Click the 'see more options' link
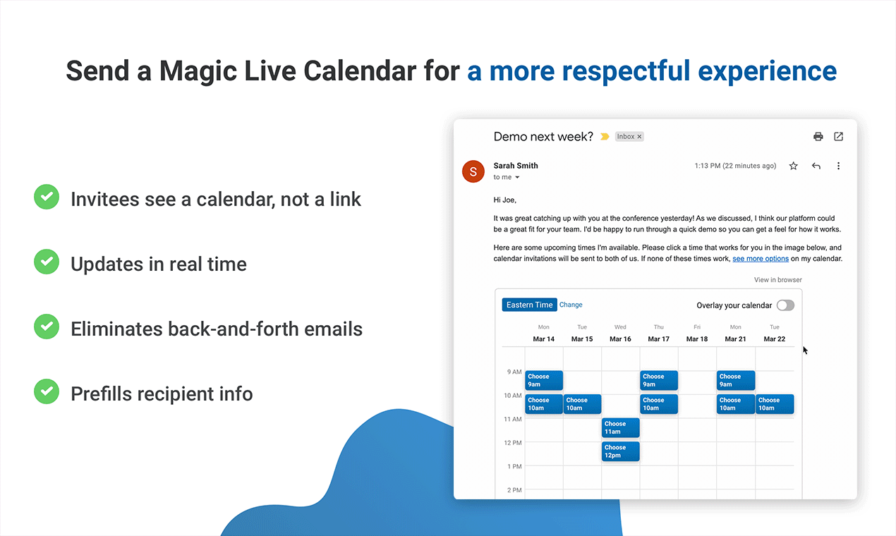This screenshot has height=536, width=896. click(x=761, y=259)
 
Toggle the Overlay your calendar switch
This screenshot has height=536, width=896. click(x=785, y=305)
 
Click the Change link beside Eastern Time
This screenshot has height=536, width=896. click(x=571, y=305)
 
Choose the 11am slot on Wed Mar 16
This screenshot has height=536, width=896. click(x=620, y=427)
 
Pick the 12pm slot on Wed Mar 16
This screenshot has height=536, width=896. click(x=620, y=451)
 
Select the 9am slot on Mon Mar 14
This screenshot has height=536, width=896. click(x=544, y=380)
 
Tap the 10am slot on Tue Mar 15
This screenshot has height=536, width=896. click(x=582, y=404)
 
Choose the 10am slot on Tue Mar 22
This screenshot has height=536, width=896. click(x=775, y=404)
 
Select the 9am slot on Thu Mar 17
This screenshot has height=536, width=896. click(x=659, y=380)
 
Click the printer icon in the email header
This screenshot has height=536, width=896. click(x=818, y=137)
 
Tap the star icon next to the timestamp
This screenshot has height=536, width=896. click(x=793, y=166)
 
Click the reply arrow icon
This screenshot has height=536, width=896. click(x=816, y=166)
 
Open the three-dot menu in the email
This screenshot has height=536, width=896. click(x=838, y=166)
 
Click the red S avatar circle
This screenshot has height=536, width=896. click(x=473, y=171)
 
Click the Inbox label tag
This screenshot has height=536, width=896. click(x=629, y=137)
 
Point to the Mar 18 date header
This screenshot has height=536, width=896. click(x=697, y=339)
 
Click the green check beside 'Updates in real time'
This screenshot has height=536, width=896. click(x=47, y=262)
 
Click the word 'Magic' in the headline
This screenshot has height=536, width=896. click(x=198, y=71)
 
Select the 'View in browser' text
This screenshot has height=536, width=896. click(x=777, y=280)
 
